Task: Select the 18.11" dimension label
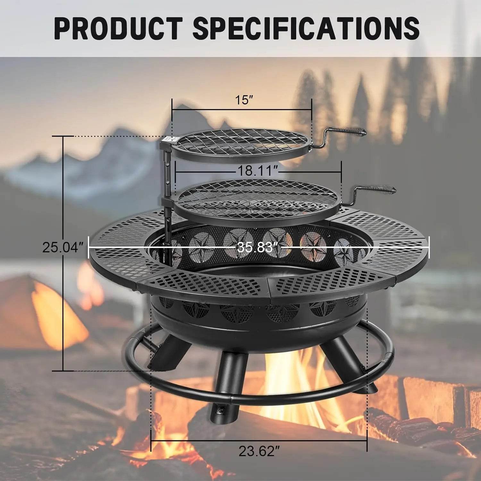tap(257, 171)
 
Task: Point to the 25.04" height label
tap(63, 248)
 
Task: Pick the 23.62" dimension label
tap(257, 451)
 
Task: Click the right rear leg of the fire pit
tap(350, 362)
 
